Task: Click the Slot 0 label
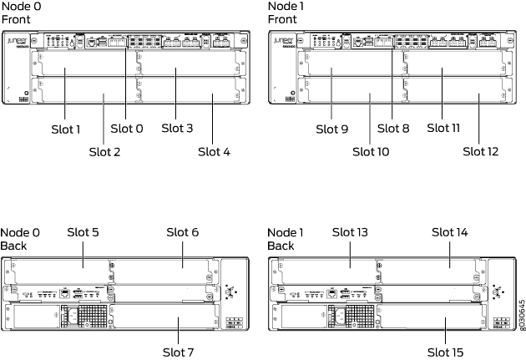click(x=127, y=128)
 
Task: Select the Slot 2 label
click(x=104, y=151)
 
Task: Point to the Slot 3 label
click(x=177, y=128)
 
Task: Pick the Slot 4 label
click(x=214, y=151)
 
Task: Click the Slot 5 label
click(x=83, y=231)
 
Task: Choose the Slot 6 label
click(x=182, y=231)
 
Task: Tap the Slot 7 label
click(x=180, y=352)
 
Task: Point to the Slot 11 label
click(x=443, y=128)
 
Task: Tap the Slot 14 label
click(x=452, y=231)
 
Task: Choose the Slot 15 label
click(x=445, y=352)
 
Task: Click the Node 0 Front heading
click(x=18, y=12)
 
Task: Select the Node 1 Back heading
click(x=284, y=238)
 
